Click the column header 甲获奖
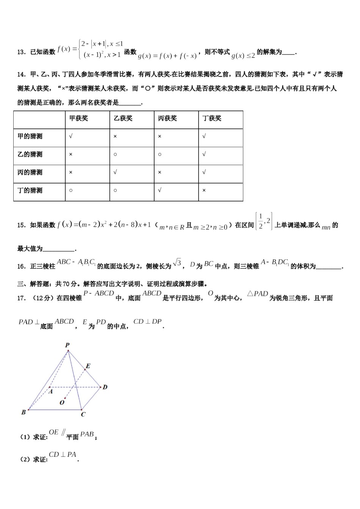coord(78,119)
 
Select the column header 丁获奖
coord(211,119)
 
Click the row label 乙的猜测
coord(30,155)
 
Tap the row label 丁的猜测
coord(30,190)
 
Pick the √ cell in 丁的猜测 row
coord(160,190)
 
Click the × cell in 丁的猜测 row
coord(204,190)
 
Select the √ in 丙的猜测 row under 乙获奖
coord(115,172)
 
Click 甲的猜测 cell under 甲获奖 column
coord(71,136)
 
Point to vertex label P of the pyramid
coord(67,345)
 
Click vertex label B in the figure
coord(23,412)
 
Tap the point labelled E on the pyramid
coord(88,366)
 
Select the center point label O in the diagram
coord(62,403)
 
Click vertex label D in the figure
coord(105,387)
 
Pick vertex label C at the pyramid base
coord(83,414)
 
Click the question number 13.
coord(21,52)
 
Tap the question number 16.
coord(21,267)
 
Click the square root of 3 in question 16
coord(177,262)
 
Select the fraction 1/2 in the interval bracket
coord(260,222)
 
